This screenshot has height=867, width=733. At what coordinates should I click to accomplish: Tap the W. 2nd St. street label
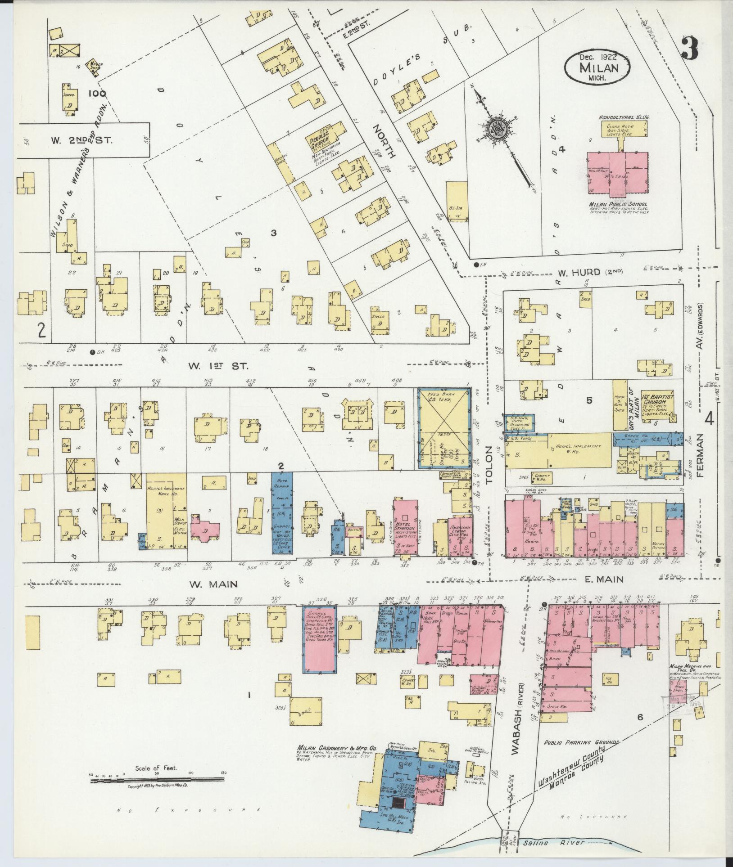(x=82, y=140)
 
